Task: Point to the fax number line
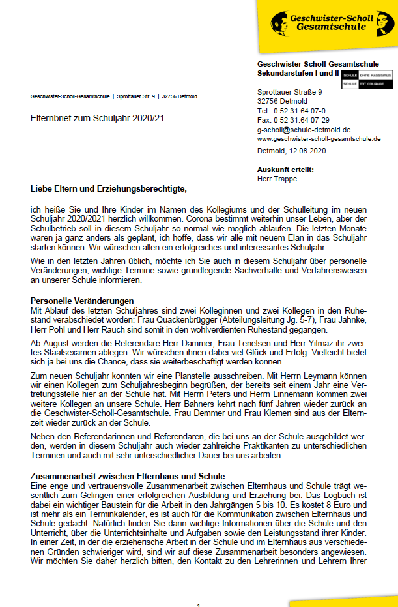point(293,120)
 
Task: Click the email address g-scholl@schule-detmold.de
point(304,130)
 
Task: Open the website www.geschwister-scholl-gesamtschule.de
point(319,139)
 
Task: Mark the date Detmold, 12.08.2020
point(291,151)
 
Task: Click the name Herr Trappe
point(276,178)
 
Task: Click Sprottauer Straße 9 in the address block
point(290,92)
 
